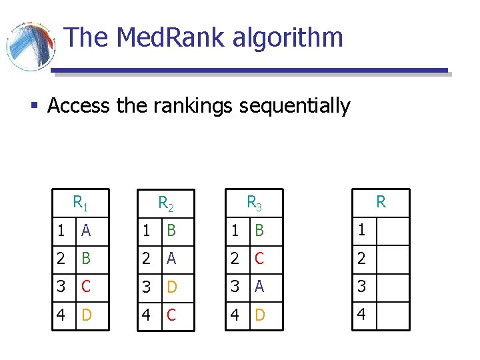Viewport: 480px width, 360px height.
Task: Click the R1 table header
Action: click(x=81, y=202)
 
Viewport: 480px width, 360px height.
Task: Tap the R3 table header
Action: click(x=254, y=202)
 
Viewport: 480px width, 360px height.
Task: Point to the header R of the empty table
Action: click(x=381, y=202)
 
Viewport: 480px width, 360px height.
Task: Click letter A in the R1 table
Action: click(x=85, y=231)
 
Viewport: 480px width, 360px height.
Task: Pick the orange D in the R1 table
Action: click(x=86, y=314)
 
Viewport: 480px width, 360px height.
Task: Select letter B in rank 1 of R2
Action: click(x=171, y=231)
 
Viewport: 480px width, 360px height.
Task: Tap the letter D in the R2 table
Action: click(x=171, y=287)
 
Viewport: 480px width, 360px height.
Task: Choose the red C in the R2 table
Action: click(x=171, y=314)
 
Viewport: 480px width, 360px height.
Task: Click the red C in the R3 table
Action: click(x=259, y=259)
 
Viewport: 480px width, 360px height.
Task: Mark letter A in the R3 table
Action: click(x=259, y=287)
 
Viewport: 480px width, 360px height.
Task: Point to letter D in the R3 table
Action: click(x=259, y=314)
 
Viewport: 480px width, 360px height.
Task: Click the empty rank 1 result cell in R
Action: click(x=392, y=231)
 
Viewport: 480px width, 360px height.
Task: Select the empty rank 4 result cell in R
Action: click(x=392, y=314)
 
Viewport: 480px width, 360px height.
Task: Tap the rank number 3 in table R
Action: click(x=362, y=287)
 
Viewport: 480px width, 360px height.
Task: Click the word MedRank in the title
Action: click(x=171, y=37)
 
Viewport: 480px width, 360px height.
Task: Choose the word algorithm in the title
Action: click(x=287, y=38)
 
